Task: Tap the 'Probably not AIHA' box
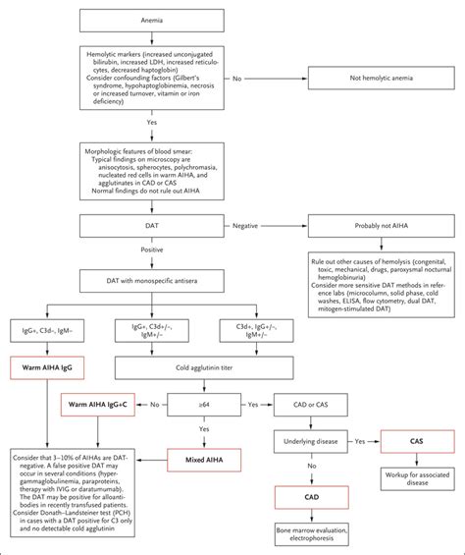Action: click(376, 226)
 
